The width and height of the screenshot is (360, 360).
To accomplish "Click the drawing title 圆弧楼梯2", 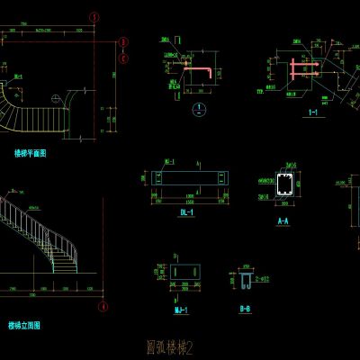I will [170, 345].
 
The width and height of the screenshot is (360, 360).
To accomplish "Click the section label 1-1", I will [313, 112].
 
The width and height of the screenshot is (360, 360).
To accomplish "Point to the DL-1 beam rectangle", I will [189, 180].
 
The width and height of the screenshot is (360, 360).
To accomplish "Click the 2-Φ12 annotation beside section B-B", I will [263, 281].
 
